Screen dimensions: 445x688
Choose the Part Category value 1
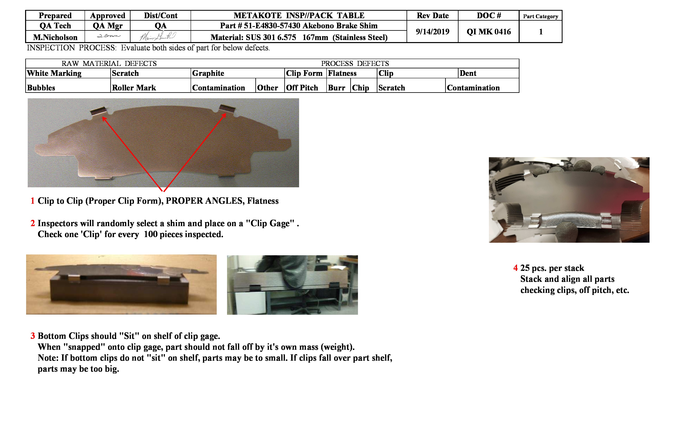pos(540,32)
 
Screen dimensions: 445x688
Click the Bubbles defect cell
pos(41,88)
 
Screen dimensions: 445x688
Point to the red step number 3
pos(33,336)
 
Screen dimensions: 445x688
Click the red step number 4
pos(515,268)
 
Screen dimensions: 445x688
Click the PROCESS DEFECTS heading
pos(355,63)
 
